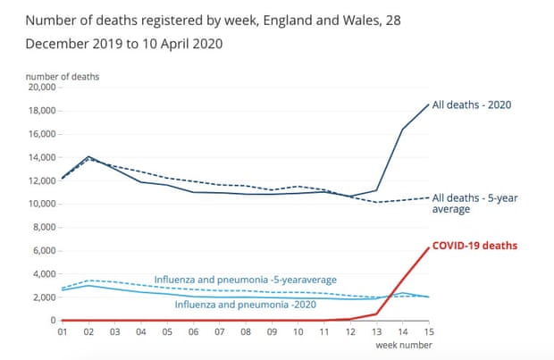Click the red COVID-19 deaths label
(474, 246)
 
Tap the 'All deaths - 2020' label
(472, 105)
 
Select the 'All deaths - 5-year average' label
(474, 203)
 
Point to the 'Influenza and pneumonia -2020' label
(245, 305)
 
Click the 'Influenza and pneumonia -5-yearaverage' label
(245, 280)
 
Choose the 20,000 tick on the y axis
(42, 88)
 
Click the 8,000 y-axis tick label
(44, 227)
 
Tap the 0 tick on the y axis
(53, 321)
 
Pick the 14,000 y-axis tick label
(42, 157)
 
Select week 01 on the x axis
(63, 332)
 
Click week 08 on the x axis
(246, 332)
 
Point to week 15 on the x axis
(429, 332)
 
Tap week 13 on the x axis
(376, 332)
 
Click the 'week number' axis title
(404, 345)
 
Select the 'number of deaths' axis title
(63, 77)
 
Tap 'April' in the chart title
(173, 44)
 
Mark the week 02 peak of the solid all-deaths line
(88, 156)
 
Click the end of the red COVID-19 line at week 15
(429, 247)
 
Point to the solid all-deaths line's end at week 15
(429, 105)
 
